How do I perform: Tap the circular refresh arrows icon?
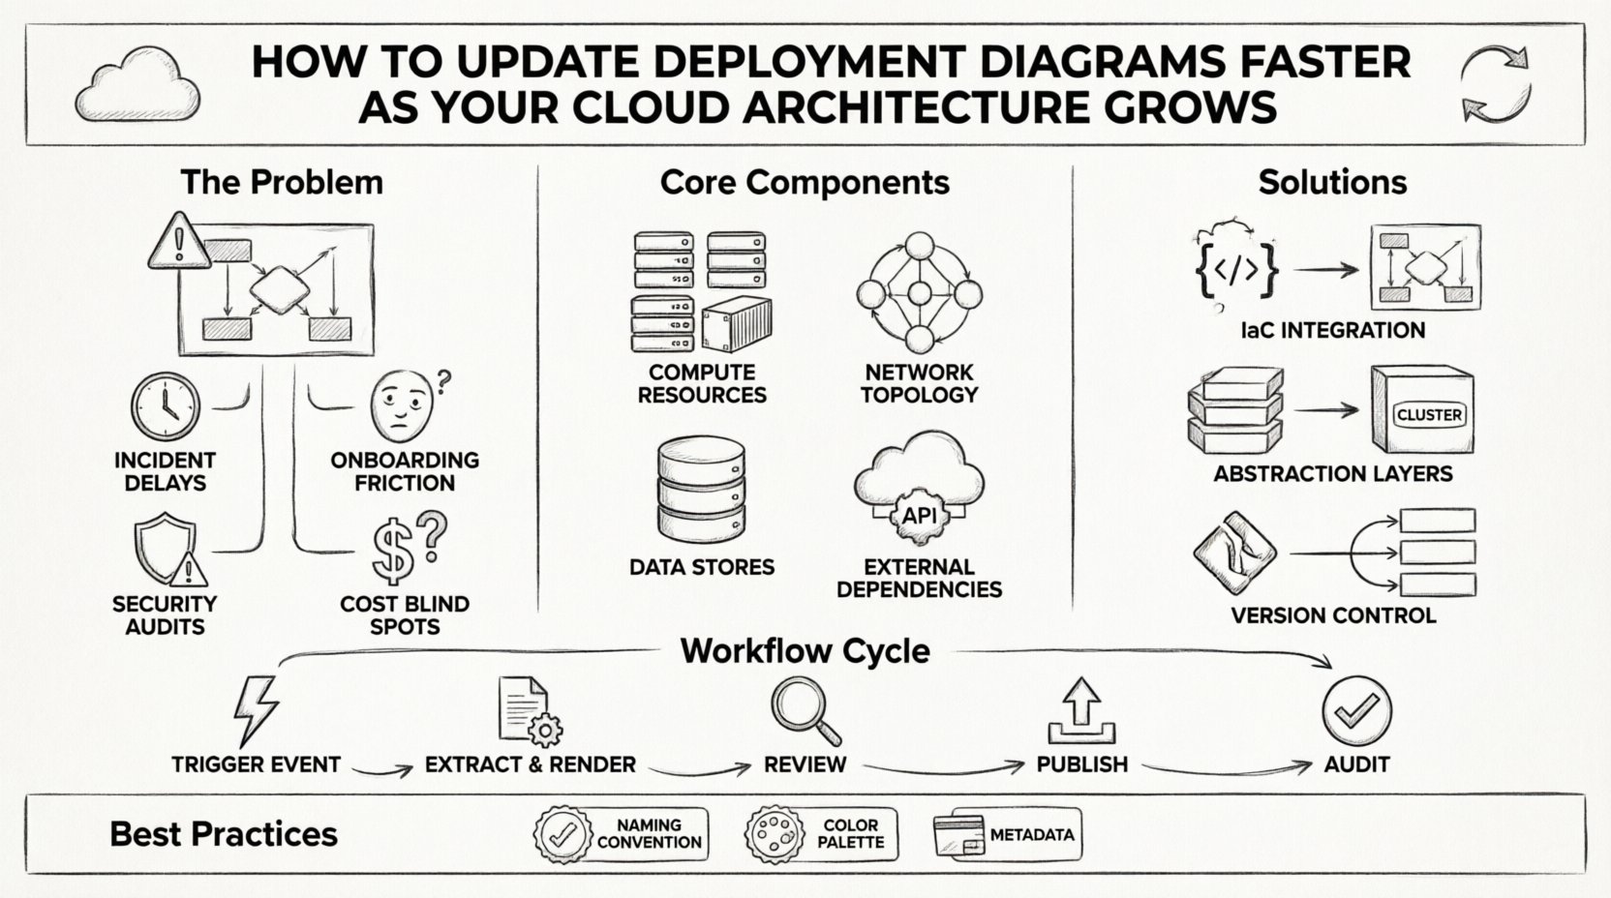pos(1496,85)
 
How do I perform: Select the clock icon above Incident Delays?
pos(166,406)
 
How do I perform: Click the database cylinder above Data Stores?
pos(702,493)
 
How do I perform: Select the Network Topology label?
pos(919,383)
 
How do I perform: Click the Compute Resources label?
pos(702,383)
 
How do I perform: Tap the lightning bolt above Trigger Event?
pos(257,710)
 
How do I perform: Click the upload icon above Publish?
pos(1081,711)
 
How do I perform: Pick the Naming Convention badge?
pos(621,834)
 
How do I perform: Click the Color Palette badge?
pos(821,834)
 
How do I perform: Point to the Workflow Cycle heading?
pos(805,651)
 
